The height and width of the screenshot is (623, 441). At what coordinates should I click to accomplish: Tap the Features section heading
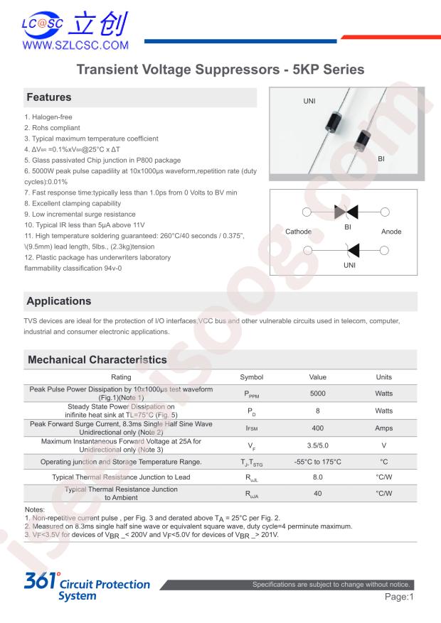pyautogui.click(x=49, y=97)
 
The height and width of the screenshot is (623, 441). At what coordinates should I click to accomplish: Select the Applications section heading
pyautogui.click(x=60, y=301)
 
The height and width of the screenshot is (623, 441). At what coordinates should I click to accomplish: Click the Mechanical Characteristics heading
pyautogui.click(x=97, y=359)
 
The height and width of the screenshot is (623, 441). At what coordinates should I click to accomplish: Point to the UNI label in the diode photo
pyautogui.click(x=309, y=101)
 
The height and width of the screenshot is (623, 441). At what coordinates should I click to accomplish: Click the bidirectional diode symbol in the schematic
pyautogui.click(x=347, y=212)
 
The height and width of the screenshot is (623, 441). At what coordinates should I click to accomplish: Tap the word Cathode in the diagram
pyautogui.click(x=298, y=232)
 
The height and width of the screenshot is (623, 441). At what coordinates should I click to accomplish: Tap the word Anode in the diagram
pyautogui.click(x=391, y=232)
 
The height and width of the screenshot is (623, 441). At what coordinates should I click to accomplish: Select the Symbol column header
pyautogui.click(x=251, y=377)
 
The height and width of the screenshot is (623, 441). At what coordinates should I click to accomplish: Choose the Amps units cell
pyautogui.click(x=383, y=428)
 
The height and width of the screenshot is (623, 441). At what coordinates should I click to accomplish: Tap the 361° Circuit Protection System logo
pyautogui.click(x=87, y=588)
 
